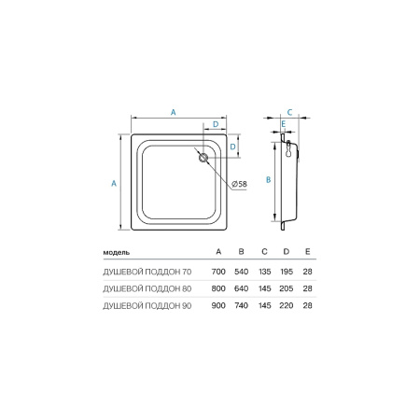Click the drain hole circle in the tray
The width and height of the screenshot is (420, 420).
coord(201,158)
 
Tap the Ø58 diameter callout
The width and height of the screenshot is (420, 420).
coord(238,184)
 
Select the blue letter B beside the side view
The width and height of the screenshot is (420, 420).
coord(268,178)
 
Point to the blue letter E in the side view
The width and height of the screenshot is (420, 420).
coord(282,123)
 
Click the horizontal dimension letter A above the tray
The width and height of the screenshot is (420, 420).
coord(175,113)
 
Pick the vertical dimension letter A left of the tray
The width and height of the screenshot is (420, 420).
coord(114,184)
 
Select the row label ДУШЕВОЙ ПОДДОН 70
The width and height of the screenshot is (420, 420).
coord(147,271)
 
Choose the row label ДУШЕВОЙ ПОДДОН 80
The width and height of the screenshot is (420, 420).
coord(147,288)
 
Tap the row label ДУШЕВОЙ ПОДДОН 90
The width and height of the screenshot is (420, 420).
coord(147,306)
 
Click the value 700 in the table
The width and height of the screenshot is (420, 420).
coord(219,271)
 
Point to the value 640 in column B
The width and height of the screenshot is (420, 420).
coord(242,288)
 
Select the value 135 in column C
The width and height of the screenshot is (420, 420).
coord(264,271)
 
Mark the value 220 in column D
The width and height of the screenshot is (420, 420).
coord(287,306)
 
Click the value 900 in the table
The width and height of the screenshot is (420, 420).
coord(219,306)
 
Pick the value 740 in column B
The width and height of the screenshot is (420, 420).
coord(242,306)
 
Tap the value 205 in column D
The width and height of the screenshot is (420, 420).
coord(287,288)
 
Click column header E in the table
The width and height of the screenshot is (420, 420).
coord(309,253)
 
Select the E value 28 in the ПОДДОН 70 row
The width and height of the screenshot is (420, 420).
coord(309,271)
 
